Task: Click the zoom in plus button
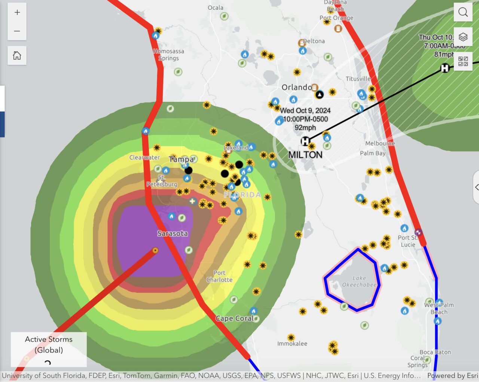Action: pos(17,12)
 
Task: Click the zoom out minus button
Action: pos(17,31)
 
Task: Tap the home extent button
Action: pos(17,56)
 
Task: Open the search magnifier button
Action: pos(463,12)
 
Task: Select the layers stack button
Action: pos(463,37)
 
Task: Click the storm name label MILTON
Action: pos(305,155)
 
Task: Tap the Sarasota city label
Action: pos(173,233)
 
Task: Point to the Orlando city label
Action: pos(297,87)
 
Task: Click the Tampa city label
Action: pos(181,159)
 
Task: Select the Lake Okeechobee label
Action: pos(359,281)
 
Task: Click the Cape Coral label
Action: pos(235,318)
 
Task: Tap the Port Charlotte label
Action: pos(219,276)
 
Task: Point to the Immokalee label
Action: pos(292,343)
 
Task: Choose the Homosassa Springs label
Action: pos(169,55)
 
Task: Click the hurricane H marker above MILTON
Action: pos(305,141)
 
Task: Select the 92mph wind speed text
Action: pos(305,128)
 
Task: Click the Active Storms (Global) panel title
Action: pos(49,345)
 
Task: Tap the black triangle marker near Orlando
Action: pos(319,94)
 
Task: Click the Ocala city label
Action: pos(216,7)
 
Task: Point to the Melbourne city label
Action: pos(380,143)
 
